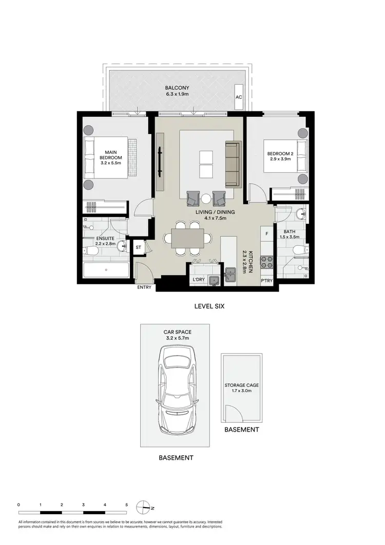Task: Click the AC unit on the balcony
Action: click(x=238, y=97)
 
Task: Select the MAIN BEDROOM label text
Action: click(x=110, y=155)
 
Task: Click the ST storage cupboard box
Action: click(x=139, y=247)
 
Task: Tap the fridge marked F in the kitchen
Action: click(x=266, y=234)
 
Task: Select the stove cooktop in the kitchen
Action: click(x=267, y=262)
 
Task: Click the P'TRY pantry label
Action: click(x=266, y=280)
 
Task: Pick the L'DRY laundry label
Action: click(x=198, y=280)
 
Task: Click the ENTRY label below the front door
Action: click(x=144, y=287)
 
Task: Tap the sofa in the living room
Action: click(x=233, y=164)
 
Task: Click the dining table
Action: click(x=187, y=239)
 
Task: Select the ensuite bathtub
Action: click(x=105, y=270)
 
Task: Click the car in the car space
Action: click(x=175, y=390)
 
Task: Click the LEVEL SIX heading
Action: click(x=209, y=306)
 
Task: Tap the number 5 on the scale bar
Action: click(x=126, y=505)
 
